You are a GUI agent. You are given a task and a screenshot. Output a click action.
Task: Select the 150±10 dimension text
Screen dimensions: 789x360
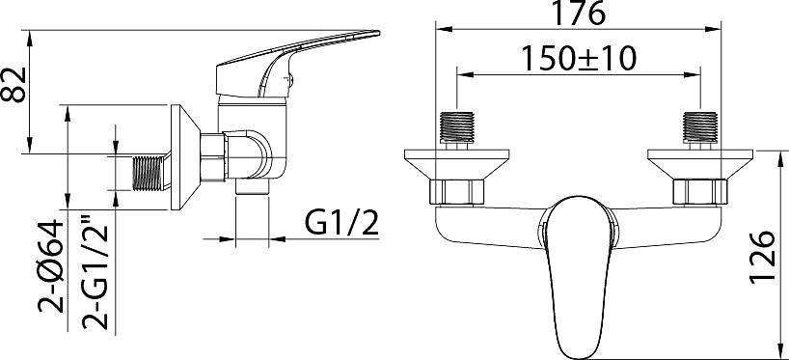[x=578, y=59]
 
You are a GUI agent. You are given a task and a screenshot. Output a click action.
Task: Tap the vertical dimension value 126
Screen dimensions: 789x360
[x=761, y=258]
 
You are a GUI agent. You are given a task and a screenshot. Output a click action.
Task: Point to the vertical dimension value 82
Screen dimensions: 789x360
[x=14, y=85]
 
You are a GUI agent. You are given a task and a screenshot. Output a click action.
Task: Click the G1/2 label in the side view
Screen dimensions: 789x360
[x=340, y=223]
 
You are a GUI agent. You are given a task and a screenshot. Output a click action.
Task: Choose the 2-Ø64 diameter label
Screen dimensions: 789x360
[x=51, y=266]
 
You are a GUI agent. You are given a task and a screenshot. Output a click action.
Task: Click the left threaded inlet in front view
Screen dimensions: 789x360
[x=457, y=126]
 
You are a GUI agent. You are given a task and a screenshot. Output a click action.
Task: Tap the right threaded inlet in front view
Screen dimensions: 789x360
[x=700, y=126]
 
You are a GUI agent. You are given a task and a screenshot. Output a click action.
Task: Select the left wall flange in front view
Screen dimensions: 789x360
[x=457, y=164]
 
